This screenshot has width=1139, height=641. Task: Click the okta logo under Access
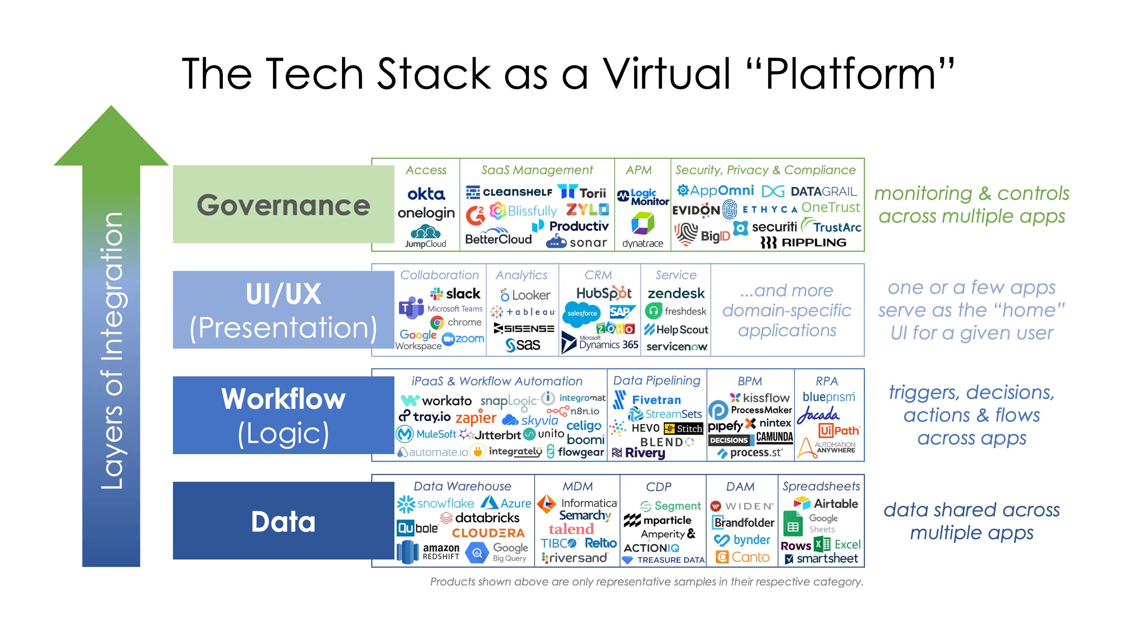point(426,194)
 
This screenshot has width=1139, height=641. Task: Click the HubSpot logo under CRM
point(604,293)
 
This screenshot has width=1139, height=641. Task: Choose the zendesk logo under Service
point(676,293)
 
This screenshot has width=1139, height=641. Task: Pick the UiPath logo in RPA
point(838,430)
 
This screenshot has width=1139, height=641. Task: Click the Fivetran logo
point(648,399)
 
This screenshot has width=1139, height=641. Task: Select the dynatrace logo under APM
point(642,230)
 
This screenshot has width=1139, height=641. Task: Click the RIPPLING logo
point(803,242)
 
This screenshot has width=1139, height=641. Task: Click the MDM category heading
point(577,486)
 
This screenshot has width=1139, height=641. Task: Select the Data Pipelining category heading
point(656,380)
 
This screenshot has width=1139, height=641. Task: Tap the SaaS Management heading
point(537,170)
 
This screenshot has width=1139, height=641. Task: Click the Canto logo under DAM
point(743,557)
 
